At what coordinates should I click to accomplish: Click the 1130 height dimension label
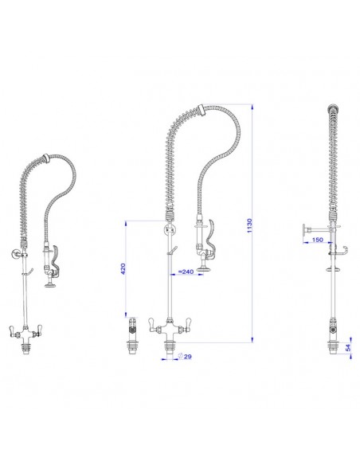tap(249, 225)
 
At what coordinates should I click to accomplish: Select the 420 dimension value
tap(123, 268)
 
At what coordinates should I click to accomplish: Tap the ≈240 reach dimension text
tap(186, 272)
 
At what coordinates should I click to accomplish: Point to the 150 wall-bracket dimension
tap(318, 240)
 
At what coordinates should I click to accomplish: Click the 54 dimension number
tap(348, 348)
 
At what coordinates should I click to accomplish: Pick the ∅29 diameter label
tap(185, 356)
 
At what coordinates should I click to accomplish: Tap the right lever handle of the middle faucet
tap(188, 323)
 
